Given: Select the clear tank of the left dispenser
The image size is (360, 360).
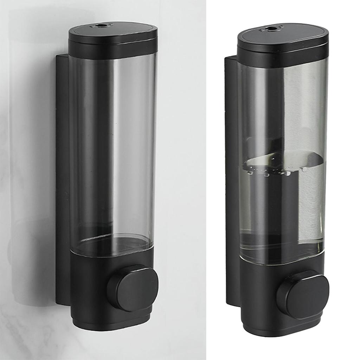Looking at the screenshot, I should point(112,141).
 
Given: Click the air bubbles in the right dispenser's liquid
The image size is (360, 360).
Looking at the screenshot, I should point(267,172).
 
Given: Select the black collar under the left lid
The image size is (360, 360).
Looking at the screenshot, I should point(112,50).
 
